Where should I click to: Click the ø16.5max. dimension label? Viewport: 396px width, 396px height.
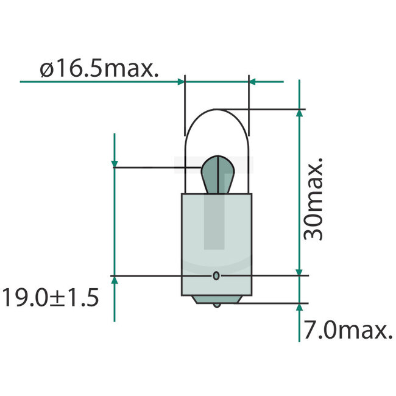(100, 69)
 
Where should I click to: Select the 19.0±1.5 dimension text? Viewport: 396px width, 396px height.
(50, 299)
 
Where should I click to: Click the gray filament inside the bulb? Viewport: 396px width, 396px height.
(216, 174)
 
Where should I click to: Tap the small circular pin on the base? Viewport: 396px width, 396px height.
(216, 276)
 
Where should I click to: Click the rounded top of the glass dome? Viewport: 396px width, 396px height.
(216, 111)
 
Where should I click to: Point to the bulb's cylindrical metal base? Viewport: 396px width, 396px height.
(216, 244)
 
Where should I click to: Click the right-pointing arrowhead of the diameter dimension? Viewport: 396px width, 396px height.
(180, 80)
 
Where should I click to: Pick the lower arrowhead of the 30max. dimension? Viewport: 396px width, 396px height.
(299, 272)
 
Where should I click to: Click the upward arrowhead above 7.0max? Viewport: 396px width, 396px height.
(299, 307)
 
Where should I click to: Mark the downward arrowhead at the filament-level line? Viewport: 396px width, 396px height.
(115, 163)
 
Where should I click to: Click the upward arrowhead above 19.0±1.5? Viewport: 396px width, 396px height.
(115, 280)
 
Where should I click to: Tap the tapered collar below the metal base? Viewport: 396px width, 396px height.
(216, 299)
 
